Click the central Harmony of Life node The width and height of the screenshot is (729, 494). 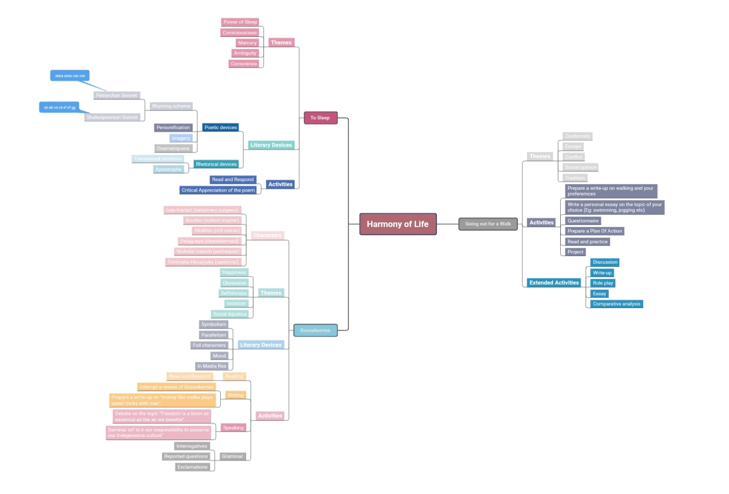coord(398,224)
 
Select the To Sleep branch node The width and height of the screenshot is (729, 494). coord(320,118)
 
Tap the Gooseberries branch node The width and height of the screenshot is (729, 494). coord(315,330)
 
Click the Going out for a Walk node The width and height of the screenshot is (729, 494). coord(488,224)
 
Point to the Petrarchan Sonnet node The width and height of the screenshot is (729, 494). coord(116,95)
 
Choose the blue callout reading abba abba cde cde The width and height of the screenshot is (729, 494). coord(70,76)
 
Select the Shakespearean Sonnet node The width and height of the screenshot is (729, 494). coord(112,117)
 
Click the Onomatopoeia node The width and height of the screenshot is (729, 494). coord(173,148)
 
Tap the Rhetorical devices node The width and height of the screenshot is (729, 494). coord(216,164)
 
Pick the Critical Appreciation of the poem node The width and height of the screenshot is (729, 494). coord(218,190)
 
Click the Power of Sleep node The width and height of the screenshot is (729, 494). coord(240,22)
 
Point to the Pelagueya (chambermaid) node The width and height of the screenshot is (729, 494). coord(209,241)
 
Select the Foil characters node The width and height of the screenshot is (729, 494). coord(209,345)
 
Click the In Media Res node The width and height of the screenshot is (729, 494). coord(212,366)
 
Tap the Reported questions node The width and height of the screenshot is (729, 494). coord(186,456)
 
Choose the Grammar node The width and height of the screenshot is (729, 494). coord(232,456)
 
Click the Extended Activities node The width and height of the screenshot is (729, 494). coord(554,283)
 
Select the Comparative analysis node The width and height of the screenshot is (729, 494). coord(616,304)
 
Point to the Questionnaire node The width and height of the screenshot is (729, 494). coord(583,221)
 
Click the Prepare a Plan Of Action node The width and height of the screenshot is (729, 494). coord(594,231)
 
